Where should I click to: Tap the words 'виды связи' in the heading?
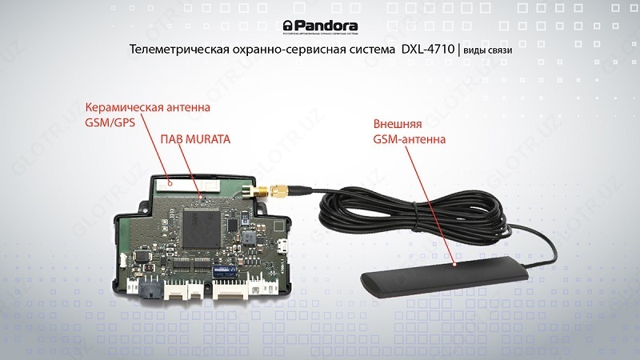[487, 50]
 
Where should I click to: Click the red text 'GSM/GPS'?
[110, 123]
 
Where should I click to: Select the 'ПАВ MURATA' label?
[195, 139]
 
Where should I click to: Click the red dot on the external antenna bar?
[453, 263]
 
